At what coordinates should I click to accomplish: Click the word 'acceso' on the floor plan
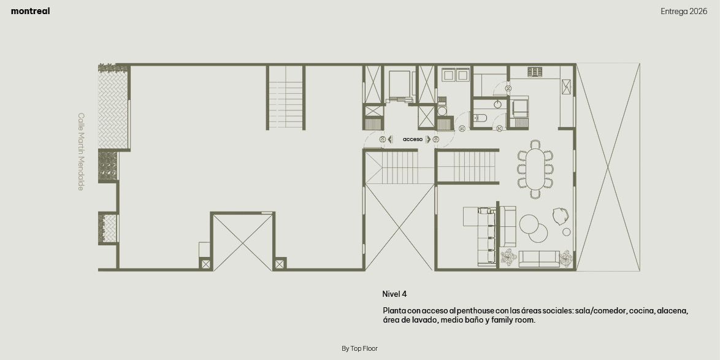[x=412, y=139]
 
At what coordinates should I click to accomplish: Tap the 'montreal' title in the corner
[x=30, y=12]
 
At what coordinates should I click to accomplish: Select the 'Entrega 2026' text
[x=684, y=12]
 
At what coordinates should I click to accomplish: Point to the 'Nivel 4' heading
[x=394, y=294]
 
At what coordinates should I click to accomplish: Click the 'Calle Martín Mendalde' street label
[x=81, y=151]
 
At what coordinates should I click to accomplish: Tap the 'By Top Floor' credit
[x=359, y=348]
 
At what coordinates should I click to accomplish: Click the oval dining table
[x=535, y=169]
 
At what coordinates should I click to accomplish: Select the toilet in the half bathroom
[x=480, y=118]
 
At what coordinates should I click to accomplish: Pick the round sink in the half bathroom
[x=498, y=104]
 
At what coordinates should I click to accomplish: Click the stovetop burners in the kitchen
[x=535, y=72]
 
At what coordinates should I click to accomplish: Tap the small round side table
[x=567, y=232]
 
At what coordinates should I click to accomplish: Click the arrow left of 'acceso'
[x=390, y=139]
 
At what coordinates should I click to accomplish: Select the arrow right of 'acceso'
[x=429, y=139]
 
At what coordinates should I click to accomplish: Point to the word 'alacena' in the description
[x=672, y=311]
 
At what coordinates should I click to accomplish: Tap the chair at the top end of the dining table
[x=535, y=144]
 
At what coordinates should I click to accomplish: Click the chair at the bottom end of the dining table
[x=535, y=194]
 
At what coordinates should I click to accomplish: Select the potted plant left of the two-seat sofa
[x=508, y=257]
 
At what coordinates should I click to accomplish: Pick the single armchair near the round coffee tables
[x=561, y=216]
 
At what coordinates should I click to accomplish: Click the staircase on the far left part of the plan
[x=286, y=98]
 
